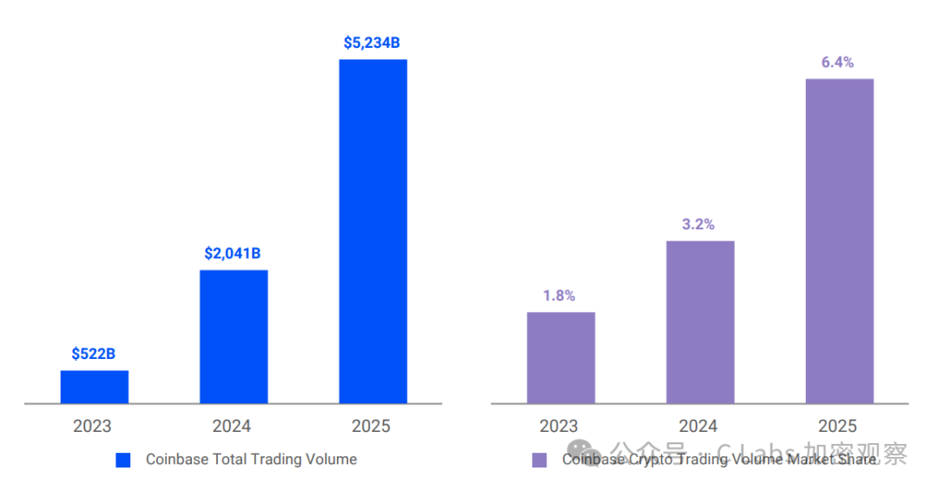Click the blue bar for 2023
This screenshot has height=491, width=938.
tap(94, 387)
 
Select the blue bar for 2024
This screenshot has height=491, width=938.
tap(234, 337)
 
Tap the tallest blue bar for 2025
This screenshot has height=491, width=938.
tap(373, 231)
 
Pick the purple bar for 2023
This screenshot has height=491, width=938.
tap(560, 357)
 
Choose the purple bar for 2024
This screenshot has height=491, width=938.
tap(700, 322)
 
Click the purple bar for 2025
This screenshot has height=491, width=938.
tap(839, 241)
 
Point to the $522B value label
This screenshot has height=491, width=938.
tap(94, 354)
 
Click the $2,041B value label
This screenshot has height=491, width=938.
tap(233, 254)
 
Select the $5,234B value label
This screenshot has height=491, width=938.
tap(372, 43)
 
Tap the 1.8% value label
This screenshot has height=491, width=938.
tap(559, 295)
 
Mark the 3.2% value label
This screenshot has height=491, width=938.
tap(698, 224)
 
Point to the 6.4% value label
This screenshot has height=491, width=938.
tap(837, 63)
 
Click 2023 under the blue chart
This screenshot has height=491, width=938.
tap(92, 426)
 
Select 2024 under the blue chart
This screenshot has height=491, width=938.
tap(232, 426)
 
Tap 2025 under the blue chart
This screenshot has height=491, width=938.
tap(371, 426)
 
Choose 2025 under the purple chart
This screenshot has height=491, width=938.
tap(837, 426)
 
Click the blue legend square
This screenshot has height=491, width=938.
tap(123, 460)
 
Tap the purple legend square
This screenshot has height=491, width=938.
tap(539, 460)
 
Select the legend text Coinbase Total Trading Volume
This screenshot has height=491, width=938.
tap(251, 460)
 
